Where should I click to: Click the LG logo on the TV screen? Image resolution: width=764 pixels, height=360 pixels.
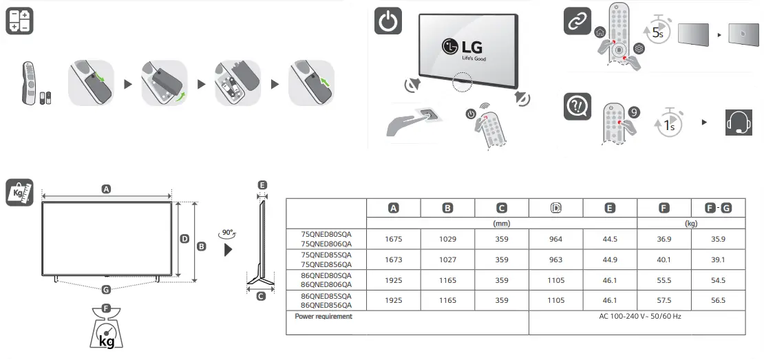[x=463, y=48]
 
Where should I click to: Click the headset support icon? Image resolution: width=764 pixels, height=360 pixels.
[x=739, y=123]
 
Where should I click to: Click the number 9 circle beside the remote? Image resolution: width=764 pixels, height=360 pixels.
[x=634, y=110]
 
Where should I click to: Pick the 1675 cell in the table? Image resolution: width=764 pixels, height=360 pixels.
[x=393, y=240]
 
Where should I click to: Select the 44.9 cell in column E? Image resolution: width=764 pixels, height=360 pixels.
[x=609, y=260]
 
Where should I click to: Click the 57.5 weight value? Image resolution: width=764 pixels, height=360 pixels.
[x=664, y=301]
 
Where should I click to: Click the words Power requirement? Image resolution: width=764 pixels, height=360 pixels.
[x=323, y=317]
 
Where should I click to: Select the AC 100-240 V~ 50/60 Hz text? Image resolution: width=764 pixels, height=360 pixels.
[x=637, y=317]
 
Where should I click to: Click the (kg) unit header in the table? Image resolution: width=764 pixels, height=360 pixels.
[x=691, y=224]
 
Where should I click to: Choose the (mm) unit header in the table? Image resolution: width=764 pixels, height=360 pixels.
[x=502, y=224]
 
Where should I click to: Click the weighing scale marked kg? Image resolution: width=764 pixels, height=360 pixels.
[x=107, y=333]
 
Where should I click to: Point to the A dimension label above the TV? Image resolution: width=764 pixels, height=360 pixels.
[x=106, y=189]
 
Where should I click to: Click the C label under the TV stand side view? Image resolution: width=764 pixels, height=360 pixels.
[x=261, y=296]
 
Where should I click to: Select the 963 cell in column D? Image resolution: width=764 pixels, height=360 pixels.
[x=555, y=260]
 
